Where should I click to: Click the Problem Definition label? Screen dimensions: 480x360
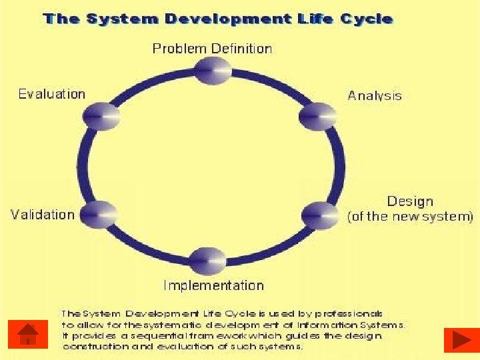point(212,49)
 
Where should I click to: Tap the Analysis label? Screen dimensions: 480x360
point(375,95)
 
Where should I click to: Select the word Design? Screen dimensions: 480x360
point(410,201)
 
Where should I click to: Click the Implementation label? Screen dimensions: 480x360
point(214,285)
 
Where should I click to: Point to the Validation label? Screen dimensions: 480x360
point(43,215)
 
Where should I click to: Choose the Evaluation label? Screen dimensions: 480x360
point(52,94)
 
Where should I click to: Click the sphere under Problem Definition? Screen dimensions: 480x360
point(212,70)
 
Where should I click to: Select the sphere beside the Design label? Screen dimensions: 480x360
point(320,215)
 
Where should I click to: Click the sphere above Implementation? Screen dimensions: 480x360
point(207,261)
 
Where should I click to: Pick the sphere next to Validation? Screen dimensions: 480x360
point(99,214)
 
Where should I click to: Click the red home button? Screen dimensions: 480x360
point(28,334)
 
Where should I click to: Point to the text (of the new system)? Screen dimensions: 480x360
point(411,217)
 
